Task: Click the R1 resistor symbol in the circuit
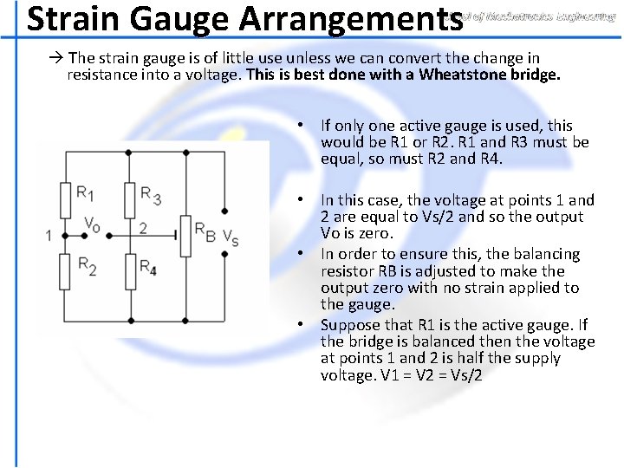click(65, 200)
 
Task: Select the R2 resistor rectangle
click(65, 271)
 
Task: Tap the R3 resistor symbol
click(129, 200)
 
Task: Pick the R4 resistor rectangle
click(129, 271)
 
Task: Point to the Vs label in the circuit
click(231, 237)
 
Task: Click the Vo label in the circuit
click(92, 224)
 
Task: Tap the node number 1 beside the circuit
click(49, 235)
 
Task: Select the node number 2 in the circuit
click(144, 229)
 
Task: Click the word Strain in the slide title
click(72, 18)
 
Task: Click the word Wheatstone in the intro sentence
click(469, 75)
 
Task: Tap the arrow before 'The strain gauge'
click(56, 58)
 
